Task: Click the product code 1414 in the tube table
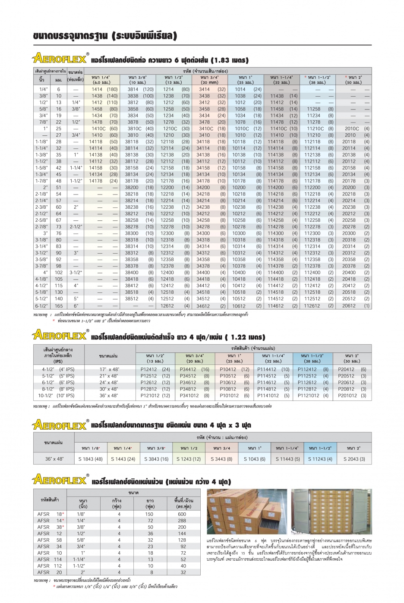(97, 89)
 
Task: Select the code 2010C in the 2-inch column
(351, 129)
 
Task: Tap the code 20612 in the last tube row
(349, 306)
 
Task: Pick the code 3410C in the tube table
(206, 129)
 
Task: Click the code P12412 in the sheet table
(149, 369)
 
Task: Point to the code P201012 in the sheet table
(347, 396)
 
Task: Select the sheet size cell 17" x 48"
(109, 369)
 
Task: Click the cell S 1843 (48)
(91, 459)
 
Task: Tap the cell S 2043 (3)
(354, 459)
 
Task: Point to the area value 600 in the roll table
(182, 514)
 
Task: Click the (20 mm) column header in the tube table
(210, 82)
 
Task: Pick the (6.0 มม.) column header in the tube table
(101, 82)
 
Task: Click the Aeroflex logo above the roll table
(60, 480)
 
